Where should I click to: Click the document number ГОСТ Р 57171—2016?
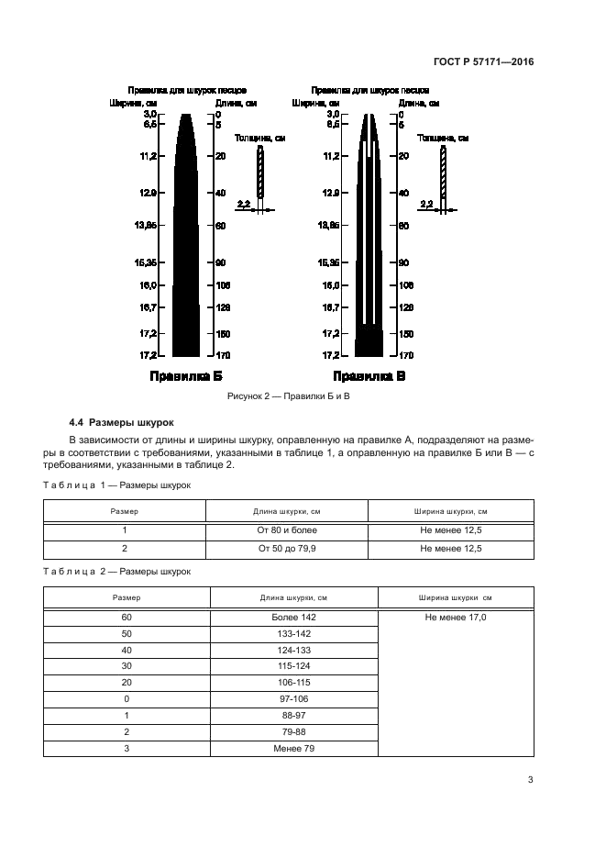click(x=482, y=62)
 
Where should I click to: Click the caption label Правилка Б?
click(x=186, y=376)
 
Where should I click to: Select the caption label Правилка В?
click(x=369, y=376)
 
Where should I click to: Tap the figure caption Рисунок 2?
click(x=289, y=396)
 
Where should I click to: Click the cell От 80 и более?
click(x=287, y=530)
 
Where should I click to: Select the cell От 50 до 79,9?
click(x=287, y=549)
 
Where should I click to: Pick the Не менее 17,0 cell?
click(x=456, y=618)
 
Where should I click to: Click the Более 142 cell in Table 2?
click(x=293, y=618)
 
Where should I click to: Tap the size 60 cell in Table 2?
click(x=127, y=618)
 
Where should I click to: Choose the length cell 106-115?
click(x=293, y=683)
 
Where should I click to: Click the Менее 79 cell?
click(x=293, y=749)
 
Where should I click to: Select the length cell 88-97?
click(x=293, y=716)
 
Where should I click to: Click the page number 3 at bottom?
click(x=530, y=781)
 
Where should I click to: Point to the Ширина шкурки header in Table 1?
click(x=451, y=511)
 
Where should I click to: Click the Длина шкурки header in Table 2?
click(x=293, y=597)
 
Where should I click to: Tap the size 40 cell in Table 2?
click(x=127, y=651)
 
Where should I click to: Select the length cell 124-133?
click(x=293, y=651)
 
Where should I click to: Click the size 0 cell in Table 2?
click(x=127, y=699)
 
